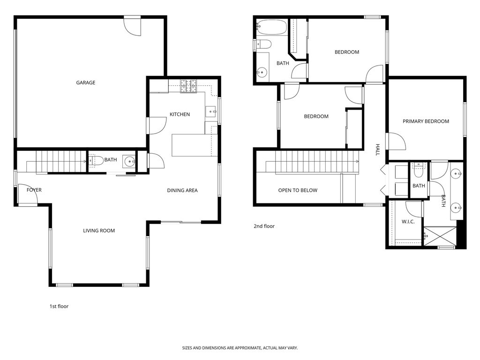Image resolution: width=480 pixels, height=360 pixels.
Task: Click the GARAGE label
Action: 86,82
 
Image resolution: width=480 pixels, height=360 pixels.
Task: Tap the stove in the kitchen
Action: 189,86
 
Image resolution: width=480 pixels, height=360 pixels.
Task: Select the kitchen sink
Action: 210,112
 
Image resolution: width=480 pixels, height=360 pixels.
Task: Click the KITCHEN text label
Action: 180,114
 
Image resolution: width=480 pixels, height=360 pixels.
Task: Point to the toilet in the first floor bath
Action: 95,160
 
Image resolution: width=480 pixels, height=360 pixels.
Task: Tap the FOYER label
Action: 34,190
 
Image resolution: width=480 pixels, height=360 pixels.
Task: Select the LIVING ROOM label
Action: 99,231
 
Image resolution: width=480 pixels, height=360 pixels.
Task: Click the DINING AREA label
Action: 182,190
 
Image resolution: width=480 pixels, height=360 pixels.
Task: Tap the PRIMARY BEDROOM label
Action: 426,121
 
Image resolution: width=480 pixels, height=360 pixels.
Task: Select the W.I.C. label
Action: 408,221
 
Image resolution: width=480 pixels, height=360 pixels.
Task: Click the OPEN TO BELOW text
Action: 298,190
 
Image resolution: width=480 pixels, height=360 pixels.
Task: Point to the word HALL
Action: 377,150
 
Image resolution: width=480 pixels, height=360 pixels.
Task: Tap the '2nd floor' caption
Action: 264,226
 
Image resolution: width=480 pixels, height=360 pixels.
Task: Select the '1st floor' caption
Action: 59,307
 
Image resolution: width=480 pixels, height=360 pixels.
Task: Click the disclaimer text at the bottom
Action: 240,348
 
